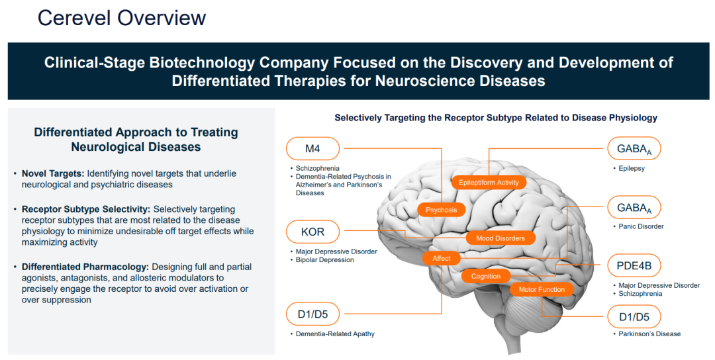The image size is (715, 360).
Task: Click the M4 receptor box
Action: [x=312, y=148]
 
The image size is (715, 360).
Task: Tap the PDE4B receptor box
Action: [x=634, y=267]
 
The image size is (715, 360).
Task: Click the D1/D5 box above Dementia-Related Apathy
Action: [x=312, y=314]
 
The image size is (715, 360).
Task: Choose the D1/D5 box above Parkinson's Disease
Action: [x=634, y=317]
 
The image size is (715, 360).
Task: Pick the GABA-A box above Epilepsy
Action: [x=634, y=149]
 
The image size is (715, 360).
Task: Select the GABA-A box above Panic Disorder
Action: [x=634, y=208]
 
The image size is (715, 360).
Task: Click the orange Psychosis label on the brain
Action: [x=441, y=210]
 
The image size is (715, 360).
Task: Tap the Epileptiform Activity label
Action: [x=489, y=182]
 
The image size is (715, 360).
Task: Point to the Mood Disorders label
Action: [x=500, y=238]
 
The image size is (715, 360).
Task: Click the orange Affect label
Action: [x=442, y=258]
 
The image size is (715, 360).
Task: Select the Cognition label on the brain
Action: [x=486, y=276]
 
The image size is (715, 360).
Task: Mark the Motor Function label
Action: [x=542, y=289]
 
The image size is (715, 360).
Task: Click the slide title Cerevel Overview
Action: [x=122, y=18]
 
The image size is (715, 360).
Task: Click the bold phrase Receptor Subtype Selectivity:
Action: [x=86, y=209]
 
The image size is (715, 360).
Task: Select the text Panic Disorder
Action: [x=641, y=226]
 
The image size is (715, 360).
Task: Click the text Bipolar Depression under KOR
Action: [x=325, y=260]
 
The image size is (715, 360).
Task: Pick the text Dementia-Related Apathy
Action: [x=335, y=334]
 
